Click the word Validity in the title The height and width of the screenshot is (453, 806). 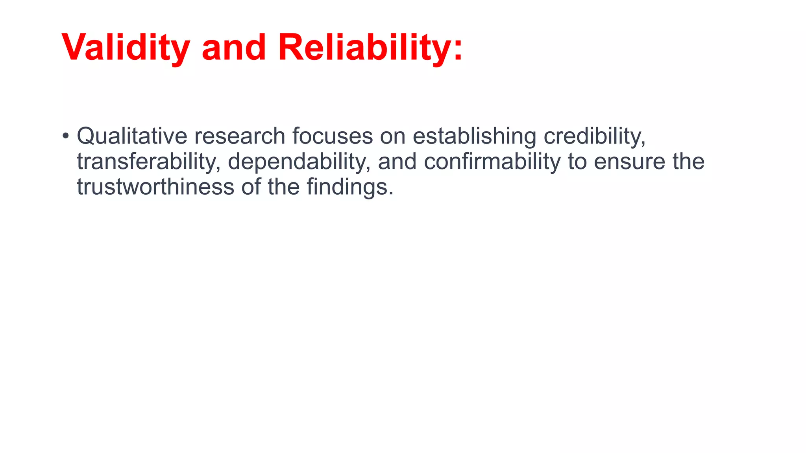pos(126,48)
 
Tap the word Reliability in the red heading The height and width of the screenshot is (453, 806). pos(364,48)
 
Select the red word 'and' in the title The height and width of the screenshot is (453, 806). pos(234,48)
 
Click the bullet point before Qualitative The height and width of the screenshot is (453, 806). pos(65,136)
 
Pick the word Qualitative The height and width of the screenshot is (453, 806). pos(132,136)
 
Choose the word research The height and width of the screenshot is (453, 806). pos(239,136)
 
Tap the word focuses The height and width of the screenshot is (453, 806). pos(332,136)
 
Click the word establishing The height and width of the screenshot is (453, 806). pos(474,136)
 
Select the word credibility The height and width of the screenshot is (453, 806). pos(594,136)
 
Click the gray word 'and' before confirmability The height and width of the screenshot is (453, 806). pos(397,162)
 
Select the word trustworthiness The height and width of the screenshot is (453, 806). pos(155,187)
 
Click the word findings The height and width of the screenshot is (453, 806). pos(349,187)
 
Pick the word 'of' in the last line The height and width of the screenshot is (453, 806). pos(251,187)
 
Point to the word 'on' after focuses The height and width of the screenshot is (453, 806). pos(392,136)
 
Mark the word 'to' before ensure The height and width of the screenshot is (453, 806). pos(577,162)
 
